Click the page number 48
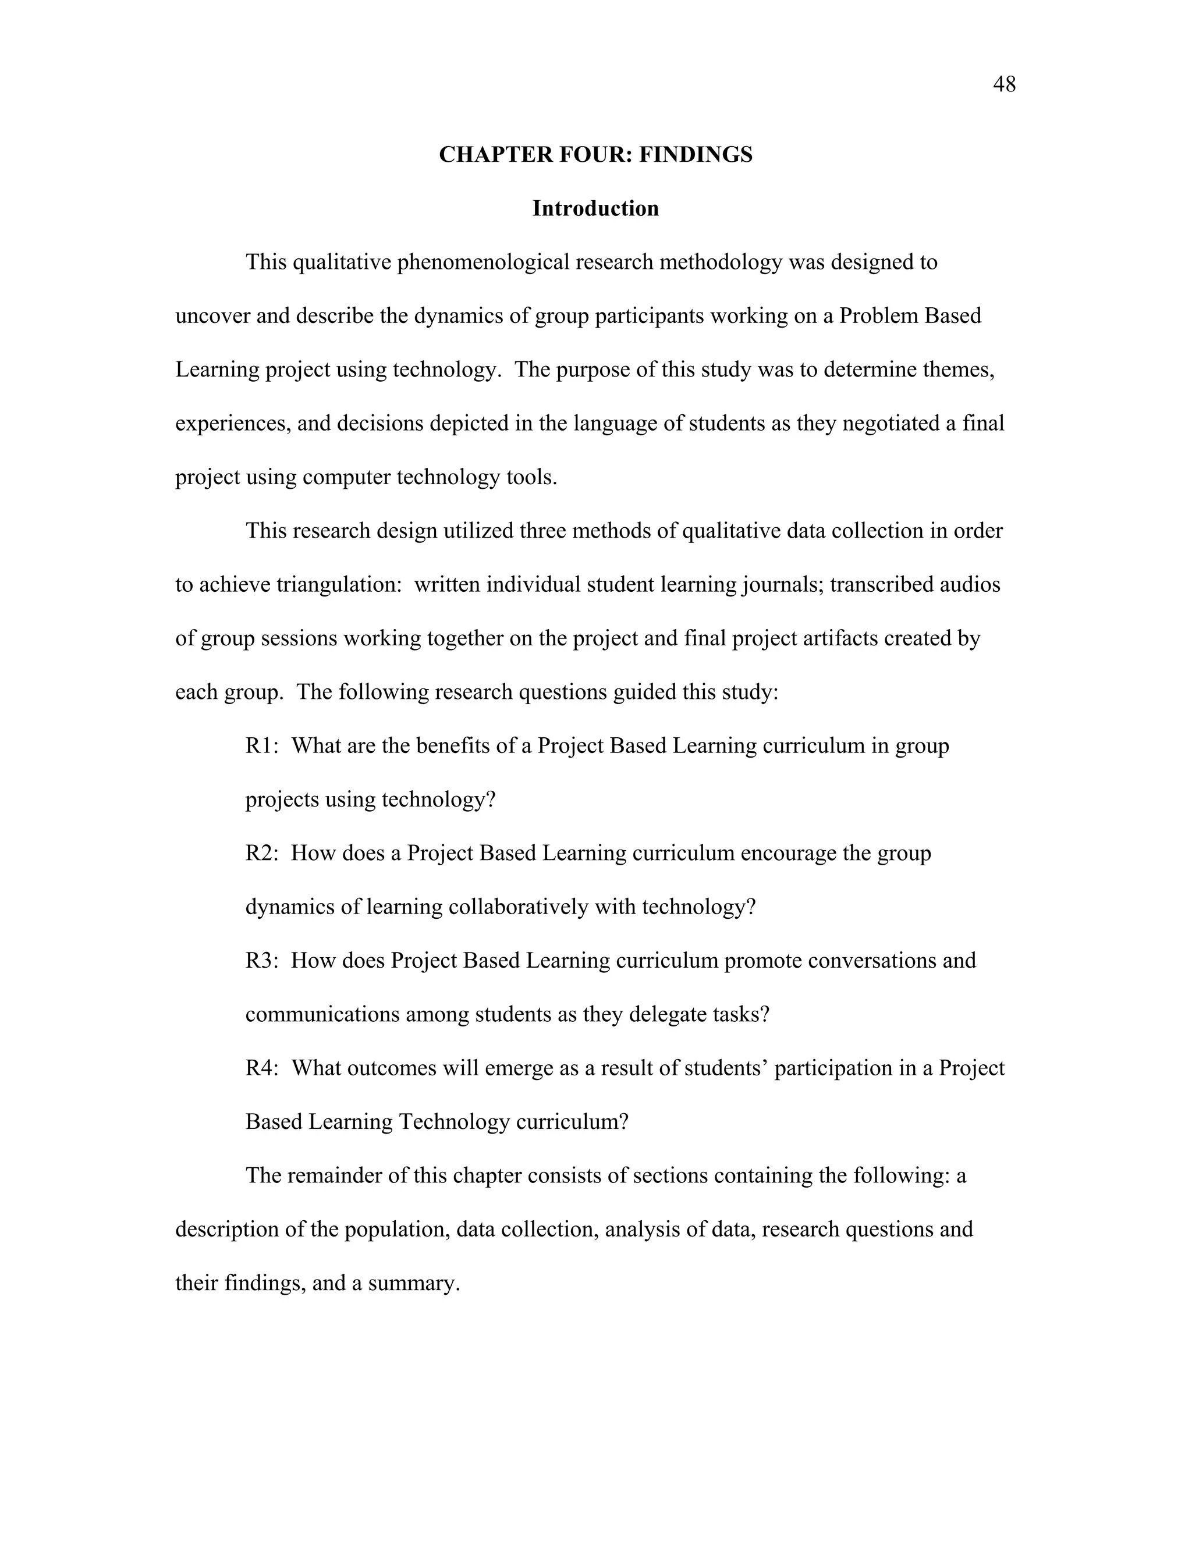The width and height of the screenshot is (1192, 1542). (x=1003, y=85)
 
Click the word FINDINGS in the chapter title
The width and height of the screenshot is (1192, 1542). (x=696, y=155)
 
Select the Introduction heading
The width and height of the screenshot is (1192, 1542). (x=595, y=208)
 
